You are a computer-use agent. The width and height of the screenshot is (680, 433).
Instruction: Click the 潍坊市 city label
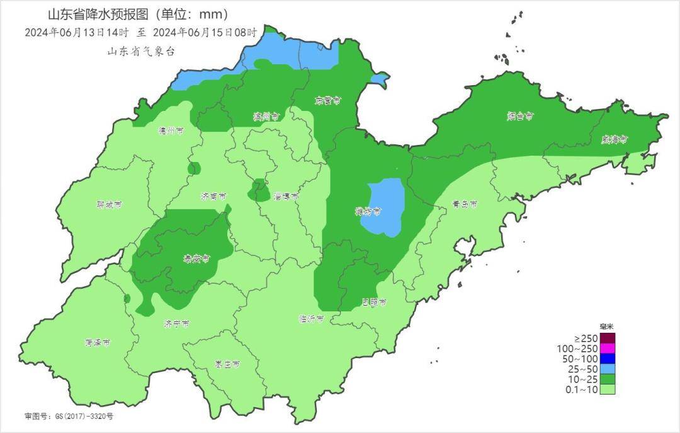[x=368, y=212]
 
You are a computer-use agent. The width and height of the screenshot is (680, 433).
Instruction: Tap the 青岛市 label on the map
[x=465, y=205]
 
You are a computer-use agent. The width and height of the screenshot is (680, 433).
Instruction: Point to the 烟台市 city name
[x=521, y=116]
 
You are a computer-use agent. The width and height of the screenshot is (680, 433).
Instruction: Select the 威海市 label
[x=615, y=140]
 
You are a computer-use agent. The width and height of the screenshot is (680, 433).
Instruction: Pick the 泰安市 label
[x=196, y=258]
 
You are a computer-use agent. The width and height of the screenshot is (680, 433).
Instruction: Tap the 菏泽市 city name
[x=98, y=343]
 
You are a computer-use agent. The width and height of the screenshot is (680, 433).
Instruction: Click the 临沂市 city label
[x=311, y=319]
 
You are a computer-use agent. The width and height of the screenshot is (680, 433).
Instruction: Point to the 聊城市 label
[x=109, y=205]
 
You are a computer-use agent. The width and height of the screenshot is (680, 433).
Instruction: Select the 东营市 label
[x=328, y=101]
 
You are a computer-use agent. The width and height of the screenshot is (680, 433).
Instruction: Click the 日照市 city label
[x=374, y=303]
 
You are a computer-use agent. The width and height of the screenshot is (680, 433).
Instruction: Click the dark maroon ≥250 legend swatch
[x=607, y=338]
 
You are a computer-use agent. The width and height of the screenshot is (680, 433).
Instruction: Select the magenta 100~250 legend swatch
[x=607, y=348]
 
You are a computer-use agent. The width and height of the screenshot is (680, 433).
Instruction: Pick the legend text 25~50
[x=582, y=369]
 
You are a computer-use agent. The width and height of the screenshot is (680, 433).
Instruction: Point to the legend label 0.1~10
[x=582, y=390]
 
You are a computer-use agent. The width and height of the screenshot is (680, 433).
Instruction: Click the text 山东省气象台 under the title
[x=141, y=52]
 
